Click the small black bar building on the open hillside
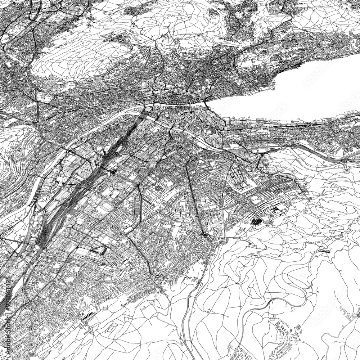(x=326, y=251)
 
